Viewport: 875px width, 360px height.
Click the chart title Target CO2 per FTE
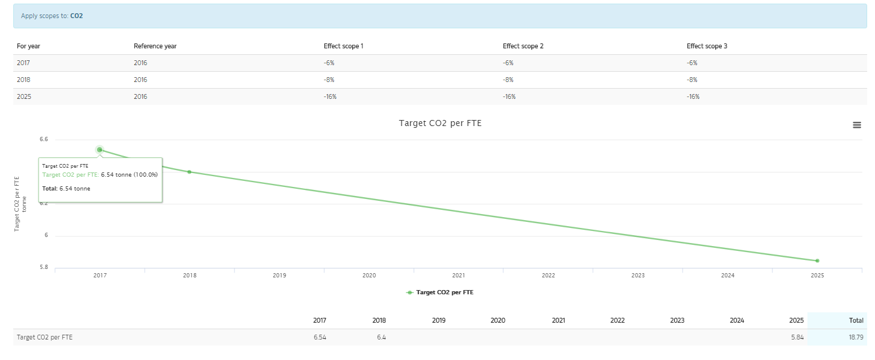pos(440,123)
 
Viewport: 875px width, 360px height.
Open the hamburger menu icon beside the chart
pos(857,125)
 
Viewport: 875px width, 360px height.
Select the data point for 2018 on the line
pos(189,172)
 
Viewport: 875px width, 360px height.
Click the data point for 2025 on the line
pos(817,261)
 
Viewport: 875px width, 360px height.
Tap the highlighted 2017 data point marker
pos(100,150)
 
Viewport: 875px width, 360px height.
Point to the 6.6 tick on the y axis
pos(43,139)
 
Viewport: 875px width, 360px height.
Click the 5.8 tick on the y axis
pos(43,267)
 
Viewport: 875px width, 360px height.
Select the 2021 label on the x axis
pos(458,276)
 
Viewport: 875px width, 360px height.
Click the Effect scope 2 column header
pos(523,46)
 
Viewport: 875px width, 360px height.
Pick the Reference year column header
pos(155,46)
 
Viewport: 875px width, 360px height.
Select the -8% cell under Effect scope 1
pos(329,80)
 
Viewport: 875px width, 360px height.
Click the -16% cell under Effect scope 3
pos(693,96)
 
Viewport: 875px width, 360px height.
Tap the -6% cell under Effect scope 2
pos(508,63)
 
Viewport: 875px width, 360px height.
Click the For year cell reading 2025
pos(24,96)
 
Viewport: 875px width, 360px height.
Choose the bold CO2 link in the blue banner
pos(77,16)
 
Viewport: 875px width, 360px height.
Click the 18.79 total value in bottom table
pos(856,337)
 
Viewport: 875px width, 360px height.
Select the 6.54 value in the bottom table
pos(320,337)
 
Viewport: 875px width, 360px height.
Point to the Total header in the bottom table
pos(856,320)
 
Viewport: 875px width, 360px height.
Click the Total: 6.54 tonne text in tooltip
pos(66,188)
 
